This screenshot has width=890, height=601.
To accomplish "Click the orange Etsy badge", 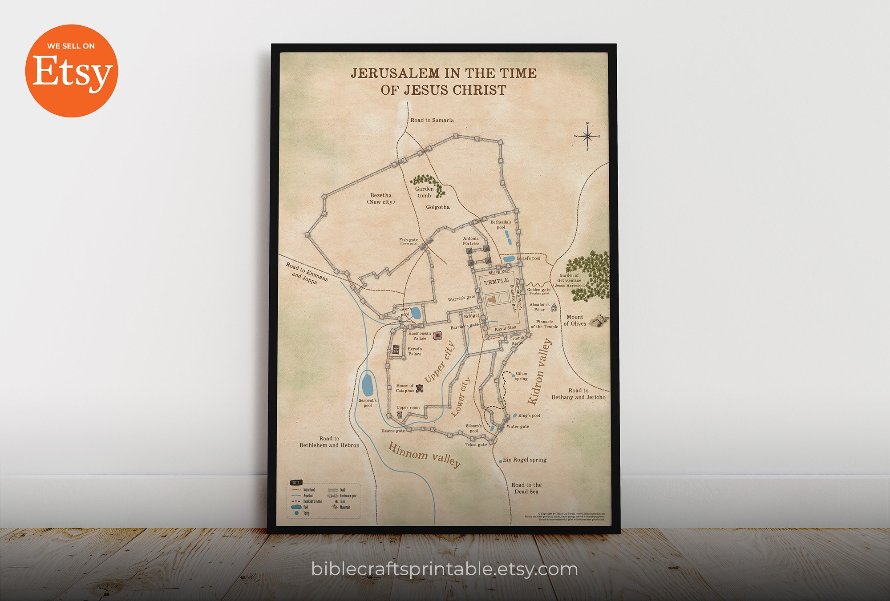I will pyautogui.click(x=71, y=71).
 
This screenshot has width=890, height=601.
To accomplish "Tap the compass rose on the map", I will pyautogui.click(x=587, y=136).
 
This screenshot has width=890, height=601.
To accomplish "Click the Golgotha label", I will pyautogui.click(x=437, y=207).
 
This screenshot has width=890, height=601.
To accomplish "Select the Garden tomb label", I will pyautogui.click(x=424, y=192).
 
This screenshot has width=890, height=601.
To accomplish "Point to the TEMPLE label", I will pyautogui.click(x=496, y=281).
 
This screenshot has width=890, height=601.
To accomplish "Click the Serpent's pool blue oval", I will pyautogui.click(x=368, y=385).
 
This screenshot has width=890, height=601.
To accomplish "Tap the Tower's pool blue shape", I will pyautogui.click(x=416, y=313).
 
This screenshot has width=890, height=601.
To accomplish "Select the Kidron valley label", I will pyautogui.click(x=539, y=371).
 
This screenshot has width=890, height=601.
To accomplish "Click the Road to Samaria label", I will pyautogui.click(x=432, y=120).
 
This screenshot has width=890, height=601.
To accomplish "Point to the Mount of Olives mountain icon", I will pyautogui.click(x=599, y=320).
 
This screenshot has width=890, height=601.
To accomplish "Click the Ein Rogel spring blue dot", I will pyautogui.click(x=501, y=461).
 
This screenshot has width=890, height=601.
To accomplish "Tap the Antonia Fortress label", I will pyautogui.click(x=470, y=241).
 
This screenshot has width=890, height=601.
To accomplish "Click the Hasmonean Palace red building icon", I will pyautogui.click(x=438, y=335).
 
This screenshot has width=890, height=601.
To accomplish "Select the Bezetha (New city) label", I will pyautogui.click(x=381, y=198).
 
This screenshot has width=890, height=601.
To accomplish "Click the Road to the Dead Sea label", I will pyautogui.click(x=526, y=488).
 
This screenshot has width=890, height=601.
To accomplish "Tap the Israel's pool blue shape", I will pyautogui.click(x=509, y=259).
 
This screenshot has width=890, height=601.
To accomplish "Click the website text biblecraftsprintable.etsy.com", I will pyautogui.click(x=444, y=569).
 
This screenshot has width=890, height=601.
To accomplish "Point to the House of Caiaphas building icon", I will pyautogui.click(x=420, y=388).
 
